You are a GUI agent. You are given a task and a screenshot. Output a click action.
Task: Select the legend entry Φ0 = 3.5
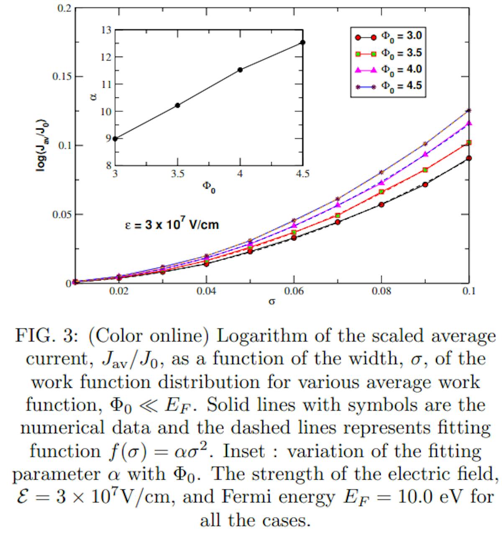(387, 53)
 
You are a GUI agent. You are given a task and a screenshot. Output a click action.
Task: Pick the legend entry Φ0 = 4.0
(387, 69)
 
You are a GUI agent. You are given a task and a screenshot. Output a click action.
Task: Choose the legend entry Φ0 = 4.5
(387, 86)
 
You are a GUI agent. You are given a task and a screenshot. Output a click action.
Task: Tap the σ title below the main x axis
(271, 302)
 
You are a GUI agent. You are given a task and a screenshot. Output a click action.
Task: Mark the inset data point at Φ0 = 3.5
(178, 105)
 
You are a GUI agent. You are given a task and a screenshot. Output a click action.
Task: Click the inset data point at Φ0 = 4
(240, 70)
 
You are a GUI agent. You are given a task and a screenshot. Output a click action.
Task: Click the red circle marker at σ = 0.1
(469, 158)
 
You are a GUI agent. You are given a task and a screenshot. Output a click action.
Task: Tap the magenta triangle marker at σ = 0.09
(425, 154)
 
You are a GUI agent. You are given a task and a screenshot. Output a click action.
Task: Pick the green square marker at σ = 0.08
(382, 192)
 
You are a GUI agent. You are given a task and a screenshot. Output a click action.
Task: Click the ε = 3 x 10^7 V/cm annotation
(172, 224)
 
